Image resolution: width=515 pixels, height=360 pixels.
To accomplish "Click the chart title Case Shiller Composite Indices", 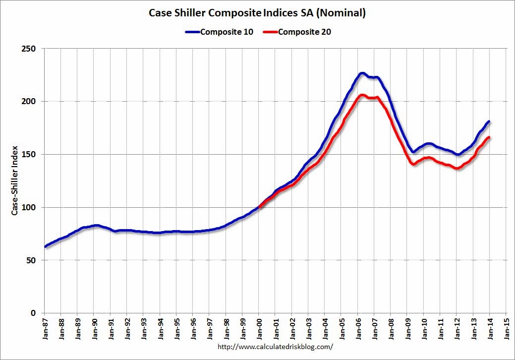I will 257,13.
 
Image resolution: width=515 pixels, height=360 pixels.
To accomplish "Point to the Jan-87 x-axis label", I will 44,328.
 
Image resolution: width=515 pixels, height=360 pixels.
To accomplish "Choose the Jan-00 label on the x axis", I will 259,328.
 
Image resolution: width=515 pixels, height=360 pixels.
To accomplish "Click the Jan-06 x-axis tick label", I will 358,328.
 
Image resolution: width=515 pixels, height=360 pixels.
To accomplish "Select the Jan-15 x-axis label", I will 506,328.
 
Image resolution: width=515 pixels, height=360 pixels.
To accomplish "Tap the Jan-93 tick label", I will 143,328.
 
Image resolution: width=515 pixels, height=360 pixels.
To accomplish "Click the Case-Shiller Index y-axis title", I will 15,181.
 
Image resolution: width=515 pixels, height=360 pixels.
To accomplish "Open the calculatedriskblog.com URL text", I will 275,347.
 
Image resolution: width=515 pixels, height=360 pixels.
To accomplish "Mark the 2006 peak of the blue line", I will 362,73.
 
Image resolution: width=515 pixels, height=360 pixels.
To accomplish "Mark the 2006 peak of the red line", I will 362,95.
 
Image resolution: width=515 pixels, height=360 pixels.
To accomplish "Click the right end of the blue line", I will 489,121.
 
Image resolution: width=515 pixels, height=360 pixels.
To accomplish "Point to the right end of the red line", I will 489,137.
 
